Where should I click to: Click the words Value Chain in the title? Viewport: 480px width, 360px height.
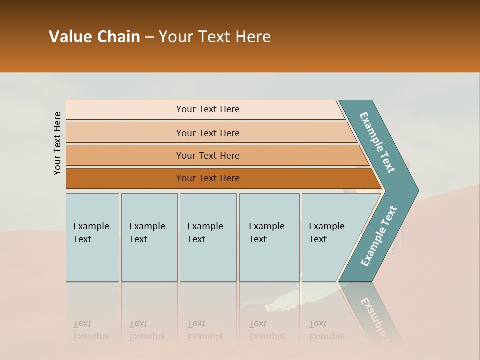click(x=94, y=37)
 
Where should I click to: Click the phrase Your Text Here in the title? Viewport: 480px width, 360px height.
click(x=215, y=37)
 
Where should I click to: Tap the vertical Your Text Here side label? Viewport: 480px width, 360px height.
click(x=57, y=144)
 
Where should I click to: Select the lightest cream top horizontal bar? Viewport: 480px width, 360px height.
click(x=125, y=110)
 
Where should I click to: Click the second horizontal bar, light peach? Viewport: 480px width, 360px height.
click(x=125, y=133)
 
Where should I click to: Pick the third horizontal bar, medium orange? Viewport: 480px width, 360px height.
click(x=125, y=156)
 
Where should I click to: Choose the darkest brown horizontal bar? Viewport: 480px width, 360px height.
click(x=125, y=178)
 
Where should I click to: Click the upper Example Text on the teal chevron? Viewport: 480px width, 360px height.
click(x=378, y=142)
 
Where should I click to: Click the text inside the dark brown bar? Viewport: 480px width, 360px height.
click(x=208, y=178)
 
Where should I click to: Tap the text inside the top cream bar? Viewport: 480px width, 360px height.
click(x=208, y=109)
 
